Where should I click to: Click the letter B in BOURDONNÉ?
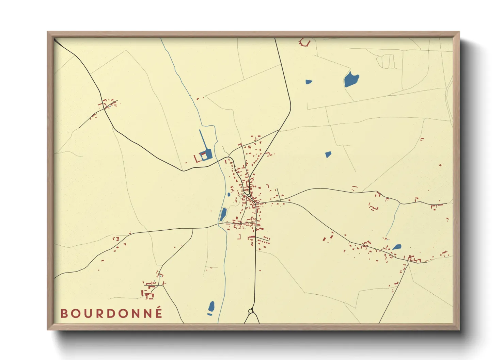coord(64,313)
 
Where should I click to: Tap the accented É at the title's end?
coord(158,313)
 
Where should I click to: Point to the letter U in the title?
coord(87,313)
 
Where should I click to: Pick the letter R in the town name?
coord(99,313)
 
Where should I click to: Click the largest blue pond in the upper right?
coord(351,80)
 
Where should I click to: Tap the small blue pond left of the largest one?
coord(309,82)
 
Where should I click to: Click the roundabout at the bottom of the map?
coord(251,311)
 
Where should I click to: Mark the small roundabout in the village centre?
coord(249,195)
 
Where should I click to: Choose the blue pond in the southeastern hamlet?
coord(397,247)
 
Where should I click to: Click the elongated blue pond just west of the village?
coord(223,214)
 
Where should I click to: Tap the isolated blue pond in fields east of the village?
coord(328,154)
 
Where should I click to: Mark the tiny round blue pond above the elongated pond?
coord(228,195)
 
